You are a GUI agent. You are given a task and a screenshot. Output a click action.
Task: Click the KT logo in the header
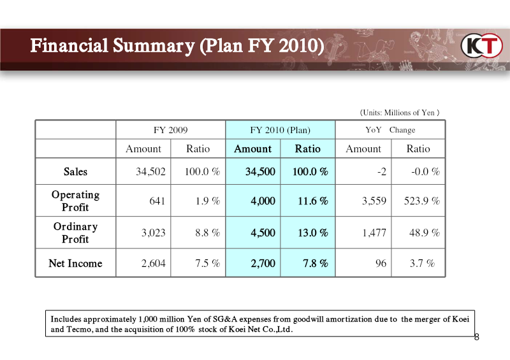(x=482, y=45)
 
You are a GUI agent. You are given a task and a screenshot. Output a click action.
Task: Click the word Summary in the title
(x=154, y=46)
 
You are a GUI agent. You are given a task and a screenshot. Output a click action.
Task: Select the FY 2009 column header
(x=170, y=130)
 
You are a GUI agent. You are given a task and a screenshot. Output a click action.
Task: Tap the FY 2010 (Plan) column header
(x=280, y=130)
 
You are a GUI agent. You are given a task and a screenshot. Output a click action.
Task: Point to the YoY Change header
(x=390, y=130)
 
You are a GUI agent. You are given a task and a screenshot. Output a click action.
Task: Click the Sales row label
(x=75, y=171)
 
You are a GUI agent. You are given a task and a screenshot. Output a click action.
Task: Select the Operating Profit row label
(x=75, y=201)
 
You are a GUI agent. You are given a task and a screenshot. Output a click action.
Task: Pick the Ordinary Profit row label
(x=75, y=233)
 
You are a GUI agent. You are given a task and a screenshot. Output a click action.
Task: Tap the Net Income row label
(x=75, y=263)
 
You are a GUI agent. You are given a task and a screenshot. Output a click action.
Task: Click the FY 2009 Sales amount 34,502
(x=150, y=171)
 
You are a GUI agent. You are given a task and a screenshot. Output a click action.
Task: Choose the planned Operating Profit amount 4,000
(x=263, y=201)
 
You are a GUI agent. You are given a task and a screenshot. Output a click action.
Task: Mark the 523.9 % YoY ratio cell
(x=422, y=201)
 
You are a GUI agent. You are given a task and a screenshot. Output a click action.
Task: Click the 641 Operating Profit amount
(x=157, y=201)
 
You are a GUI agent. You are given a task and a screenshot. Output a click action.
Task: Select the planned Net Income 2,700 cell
(x=263, y=263)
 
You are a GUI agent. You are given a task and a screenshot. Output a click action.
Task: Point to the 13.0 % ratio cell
(x=313, y=233)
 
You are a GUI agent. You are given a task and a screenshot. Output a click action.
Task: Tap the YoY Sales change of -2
(x=382, y=171)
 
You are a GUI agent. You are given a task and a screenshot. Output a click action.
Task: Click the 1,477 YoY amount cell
(x=374, y=233)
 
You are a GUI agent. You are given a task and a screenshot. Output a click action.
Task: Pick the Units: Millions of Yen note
(x=400, y=113)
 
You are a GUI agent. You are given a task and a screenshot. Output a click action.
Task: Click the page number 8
(x=476, y=337)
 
